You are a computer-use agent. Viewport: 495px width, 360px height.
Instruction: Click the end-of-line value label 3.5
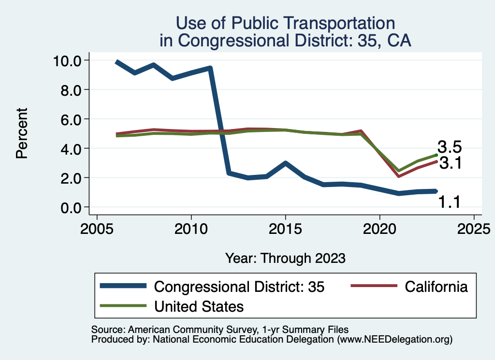click(450, 147)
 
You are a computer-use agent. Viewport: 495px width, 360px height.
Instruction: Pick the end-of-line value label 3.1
click(450, 163)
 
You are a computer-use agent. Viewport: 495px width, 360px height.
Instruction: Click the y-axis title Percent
click(21, 133)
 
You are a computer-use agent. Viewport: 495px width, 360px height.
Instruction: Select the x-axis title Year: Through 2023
click(285, 258)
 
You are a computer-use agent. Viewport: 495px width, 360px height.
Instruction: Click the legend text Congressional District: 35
click(239, 287)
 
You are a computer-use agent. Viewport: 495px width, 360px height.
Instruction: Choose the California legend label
click(437, 287)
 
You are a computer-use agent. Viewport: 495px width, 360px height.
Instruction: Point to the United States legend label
click(199, 306)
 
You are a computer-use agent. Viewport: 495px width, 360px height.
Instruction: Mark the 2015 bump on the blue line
click(286, 163)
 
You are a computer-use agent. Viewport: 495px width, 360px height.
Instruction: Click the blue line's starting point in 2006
click(116, 62)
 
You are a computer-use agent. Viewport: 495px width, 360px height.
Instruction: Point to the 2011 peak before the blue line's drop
click(210, 68)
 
